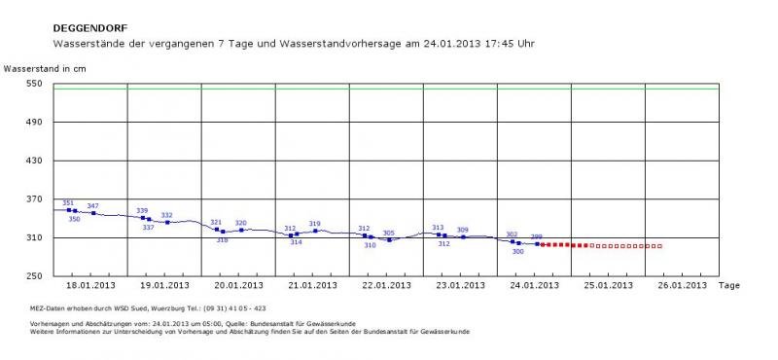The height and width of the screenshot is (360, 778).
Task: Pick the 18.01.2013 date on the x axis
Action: pos(90,286)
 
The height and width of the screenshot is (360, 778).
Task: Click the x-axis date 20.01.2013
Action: pos(238,286)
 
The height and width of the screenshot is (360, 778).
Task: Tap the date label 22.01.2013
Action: pos(386,286)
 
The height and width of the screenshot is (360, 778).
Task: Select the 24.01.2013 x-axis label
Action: pos(534,286)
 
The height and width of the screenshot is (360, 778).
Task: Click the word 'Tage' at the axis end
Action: pos(730,286)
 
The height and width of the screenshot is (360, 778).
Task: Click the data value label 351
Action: pos(68,203)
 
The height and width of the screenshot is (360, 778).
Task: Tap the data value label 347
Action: pos(93,206)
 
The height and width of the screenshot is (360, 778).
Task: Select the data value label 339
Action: pos(142,211)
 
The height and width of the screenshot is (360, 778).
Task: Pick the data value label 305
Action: pos(389,234)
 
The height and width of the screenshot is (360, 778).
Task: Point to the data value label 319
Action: pos(315,224)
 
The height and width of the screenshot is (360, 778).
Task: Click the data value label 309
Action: pos(463,231)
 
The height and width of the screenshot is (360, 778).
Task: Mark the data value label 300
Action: pos(517,251)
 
